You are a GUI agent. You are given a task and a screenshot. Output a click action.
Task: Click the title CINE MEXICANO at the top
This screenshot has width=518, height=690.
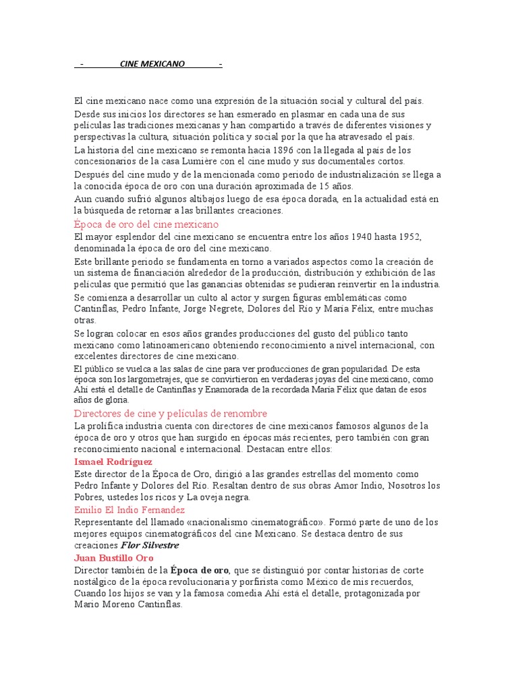click(x=152, y=64)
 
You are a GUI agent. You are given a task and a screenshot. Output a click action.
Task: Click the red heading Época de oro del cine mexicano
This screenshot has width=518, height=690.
click(x=146, y=224)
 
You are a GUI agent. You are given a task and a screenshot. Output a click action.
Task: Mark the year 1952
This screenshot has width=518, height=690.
click(x=407, y=237)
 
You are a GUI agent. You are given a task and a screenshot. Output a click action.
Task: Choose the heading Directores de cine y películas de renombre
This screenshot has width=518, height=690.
click(x=171, y=413)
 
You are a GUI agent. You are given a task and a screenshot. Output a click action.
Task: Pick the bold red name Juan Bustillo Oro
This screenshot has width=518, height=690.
click(x=114, y=558)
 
